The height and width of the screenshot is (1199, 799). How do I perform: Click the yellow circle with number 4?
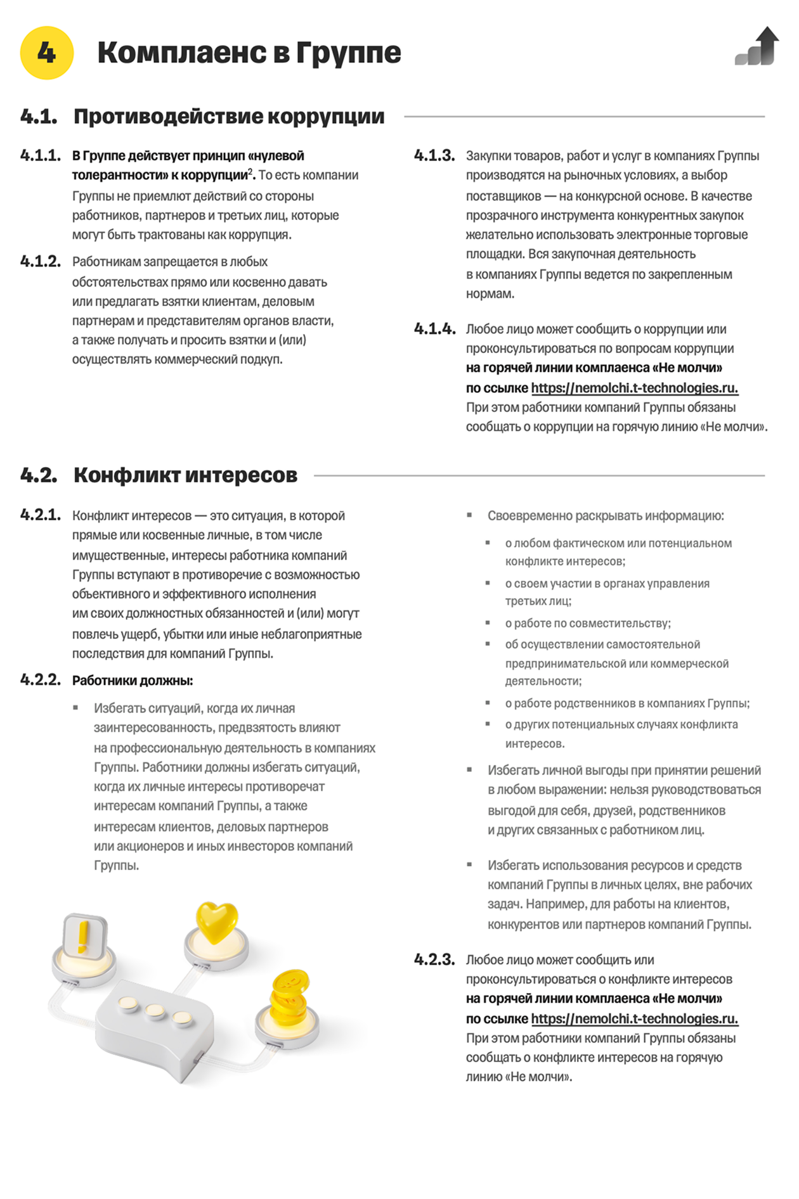coord(46,53)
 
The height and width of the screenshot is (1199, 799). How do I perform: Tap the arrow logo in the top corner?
coord(757,46)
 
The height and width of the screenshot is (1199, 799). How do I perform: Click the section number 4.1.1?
coord(41,156)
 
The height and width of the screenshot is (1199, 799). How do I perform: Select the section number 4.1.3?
coord(434,156)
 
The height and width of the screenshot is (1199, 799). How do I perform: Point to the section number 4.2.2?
coord(41,680)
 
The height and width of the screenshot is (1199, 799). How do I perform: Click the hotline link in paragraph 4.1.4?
coord(634,388)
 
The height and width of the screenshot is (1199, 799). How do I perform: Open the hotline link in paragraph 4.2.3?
coord(634,1018)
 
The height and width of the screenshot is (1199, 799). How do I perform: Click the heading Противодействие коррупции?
coord(229,117)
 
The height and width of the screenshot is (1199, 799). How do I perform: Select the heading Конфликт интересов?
coord(185,475)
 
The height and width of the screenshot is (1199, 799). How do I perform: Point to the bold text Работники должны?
coord(133,681)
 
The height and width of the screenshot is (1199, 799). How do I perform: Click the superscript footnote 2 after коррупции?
coord(250,172)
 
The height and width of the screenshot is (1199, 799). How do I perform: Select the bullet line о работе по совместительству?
coord(587,623)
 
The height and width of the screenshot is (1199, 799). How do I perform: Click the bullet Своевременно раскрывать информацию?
coord(605,516)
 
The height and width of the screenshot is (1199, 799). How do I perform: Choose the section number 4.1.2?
coord(41,262)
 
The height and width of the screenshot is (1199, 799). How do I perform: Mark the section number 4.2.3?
coord(434,959)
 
